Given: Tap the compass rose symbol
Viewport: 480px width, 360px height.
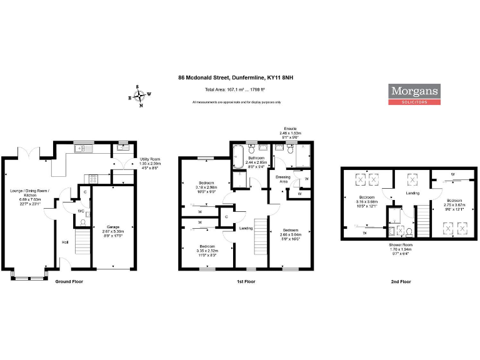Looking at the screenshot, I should tap(139, 96).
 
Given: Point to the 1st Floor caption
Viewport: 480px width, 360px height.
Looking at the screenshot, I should tap(246, 281).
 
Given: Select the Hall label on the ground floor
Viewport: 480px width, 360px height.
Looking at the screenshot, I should tap(64, 243).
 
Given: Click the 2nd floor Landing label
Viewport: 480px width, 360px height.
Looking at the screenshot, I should tap(412, 193).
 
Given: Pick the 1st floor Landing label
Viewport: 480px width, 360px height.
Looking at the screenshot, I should tap(246, 229).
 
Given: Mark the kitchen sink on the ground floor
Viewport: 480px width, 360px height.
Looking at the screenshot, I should tap(81, 149).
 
